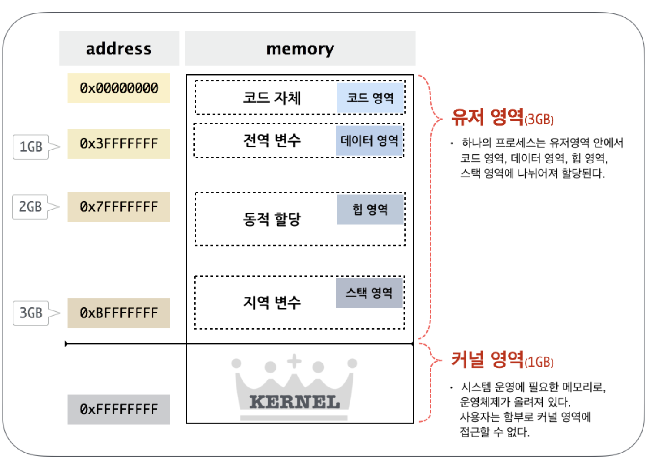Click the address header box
click(x=119, y=48)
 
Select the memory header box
click(x=300, y=48)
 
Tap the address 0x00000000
click(x=119, y=88)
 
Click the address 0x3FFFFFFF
click(x=119, y=143)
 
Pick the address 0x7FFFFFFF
click(x=119, y=207)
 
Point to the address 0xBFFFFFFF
click(x=119, y=313)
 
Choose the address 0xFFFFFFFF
click(x=119, y=410)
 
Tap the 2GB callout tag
click(x=30, y=207)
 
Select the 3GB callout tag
click(x=31, y=313)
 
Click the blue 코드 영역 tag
click(x=370, y=98)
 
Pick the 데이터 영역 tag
click(x=369, y=140)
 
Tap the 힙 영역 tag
click(x=370, y=210)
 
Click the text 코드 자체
click(x=272, y=98)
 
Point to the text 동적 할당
click(x=272, y=219)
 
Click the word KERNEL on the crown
click(x=294, y=402)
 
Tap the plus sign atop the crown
click(x=294, y=361)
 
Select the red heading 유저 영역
click(x=487, y=117)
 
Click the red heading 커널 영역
click(x=487, y=359)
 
